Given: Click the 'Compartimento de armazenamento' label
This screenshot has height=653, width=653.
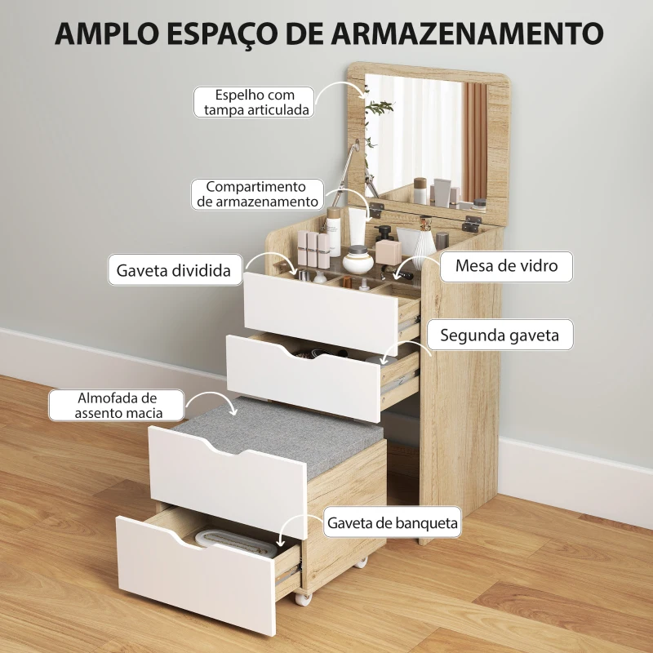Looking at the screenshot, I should point(255,194).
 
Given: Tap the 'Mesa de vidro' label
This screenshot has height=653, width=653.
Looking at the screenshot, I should point(507,266).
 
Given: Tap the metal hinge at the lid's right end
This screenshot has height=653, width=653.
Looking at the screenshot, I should point(471,223).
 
